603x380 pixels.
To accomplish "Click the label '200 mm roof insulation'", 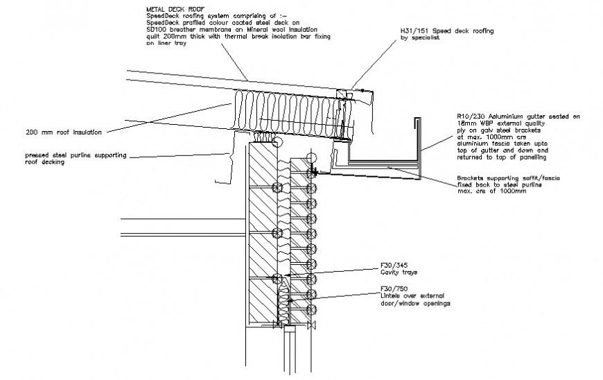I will point(64,132).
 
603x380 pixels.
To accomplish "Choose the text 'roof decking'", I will point(44,163).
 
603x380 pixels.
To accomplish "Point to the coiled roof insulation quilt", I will point(284,111).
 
